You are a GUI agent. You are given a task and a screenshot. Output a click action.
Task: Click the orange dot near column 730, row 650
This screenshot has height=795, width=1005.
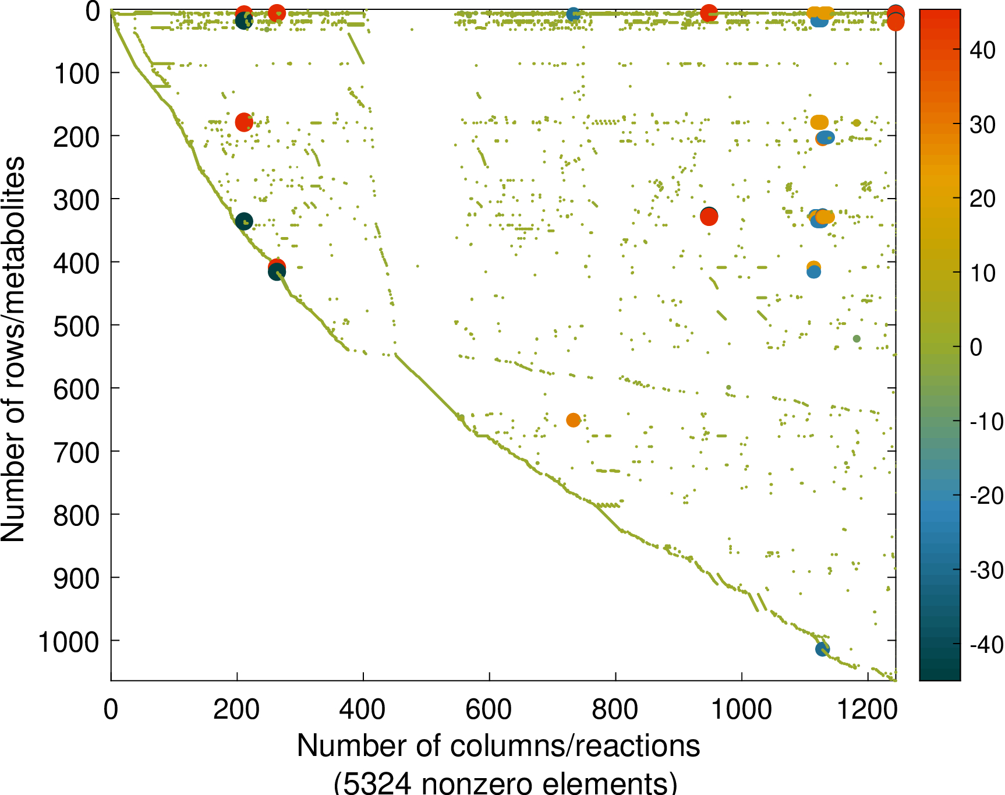pos(573,420)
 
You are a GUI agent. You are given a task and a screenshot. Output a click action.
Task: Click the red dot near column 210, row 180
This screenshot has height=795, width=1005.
pos(244,122)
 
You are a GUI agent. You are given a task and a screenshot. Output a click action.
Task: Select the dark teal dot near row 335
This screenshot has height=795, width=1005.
pos(244,221)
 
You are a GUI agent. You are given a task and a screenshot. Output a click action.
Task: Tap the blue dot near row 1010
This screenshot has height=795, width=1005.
pos(822,649)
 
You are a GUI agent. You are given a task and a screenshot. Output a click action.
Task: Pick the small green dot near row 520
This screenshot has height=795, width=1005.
pos(857,339)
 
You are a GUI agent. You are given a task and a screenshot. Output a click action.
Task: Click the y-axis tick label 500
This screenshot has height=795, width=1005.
pos(76,326)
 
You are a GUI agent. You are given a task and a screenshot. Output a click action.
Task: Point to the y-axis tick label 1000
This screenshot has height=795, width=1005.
pos(69,642)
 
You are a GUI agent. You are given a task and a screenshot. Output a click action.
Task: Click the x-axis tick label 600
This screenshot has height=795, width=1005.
pos(489,710)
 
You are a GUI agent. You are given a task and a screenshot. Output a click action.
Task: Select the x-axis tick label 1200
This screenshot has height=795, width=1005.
pos(868,710)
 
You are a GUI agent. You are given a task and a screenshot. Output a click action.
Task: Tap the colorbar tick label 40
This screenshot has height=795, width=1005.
pos(983,51)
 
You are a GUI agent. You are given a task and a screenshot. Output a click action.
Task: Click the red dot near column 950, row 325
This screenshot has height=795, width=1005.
pos(709,217)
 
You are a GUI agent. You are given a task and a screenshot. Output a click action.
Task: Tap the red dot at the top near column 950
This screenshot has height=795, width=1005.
pos(709,13)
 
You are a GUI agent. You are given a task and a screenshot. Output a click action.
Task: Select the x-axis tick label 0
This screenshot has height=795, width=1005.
pos(111,710)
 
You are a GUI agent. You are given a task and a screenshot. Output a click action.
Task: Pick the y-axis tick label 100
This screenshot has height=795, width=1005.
pos(76,74)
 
